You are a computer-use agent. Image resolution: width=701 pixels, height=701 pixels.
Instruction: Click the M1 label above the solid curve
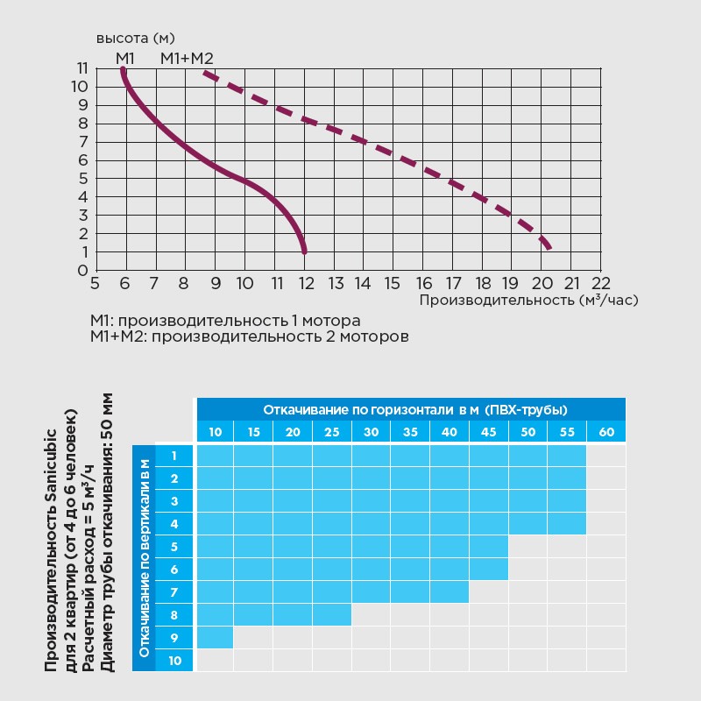[124, 59]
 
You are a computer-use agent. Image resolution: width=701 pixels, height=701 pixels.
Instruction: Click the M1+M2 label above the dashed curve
[187, 59]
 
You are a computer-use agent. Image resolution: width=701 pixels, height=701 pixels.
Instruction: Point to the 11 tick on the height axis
[81, 68]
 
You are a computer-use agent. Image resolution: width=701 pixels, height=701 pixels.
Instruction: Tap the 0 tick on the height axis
[81, 271]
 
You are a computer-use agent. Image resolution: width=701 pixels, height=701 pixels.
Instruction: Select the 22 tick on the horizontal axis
[600, 284]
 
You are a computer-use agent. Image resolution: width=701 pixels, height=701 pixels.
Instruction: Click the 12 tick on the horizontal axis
[305, 284]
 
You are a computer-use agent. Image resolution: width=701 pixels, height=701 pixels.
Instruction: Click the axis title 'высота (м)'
[135, 39]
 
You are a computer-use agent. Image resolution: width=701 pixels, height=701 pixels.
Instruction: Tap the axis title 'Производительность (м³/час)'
[528, 300]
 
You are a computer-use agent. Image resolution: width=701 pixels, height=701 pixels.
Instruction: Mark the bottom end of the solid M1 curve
[304, 251]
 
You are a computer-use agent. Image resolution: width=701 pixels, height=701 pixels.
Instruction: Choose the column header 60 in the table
[606, 432]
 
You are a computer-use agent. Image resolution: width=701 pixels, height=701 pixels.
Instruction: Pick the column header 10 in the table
[216, 432]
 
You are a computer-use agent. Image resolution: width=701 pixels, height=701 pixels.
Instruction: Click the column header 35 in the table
[410, 432]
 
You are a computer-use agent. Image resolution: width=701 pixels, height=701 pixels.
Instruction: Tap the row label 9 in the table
[174, 638]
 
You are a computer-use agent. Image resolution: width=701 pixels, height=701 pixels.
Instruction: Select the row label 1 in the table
[174, 456]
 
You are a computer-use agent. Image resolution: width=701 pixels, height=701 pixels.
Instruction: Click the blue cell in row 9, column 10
[216, 637]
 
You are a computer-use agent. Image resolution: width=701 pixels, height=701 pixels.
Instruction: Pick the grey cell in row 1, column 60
[606, 456]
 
